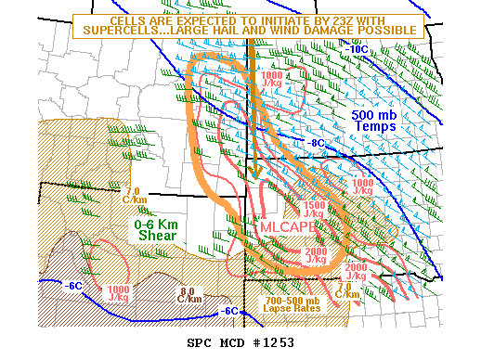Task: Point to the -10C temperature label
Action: coord(357,47)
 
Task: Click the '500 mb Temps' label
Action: coord(376,120)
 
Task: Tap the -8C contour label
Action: coord(317,143)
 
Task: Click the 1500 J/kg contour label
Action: coord(313,208)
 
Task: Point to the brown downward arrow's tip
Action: coord(252,177)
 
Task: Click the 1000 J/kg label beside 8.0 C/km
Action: coord(118,294)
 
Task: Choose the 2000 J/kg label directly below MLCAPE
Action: coord(316,256)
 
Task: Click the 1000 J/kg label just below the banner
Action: coord(273,80)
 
